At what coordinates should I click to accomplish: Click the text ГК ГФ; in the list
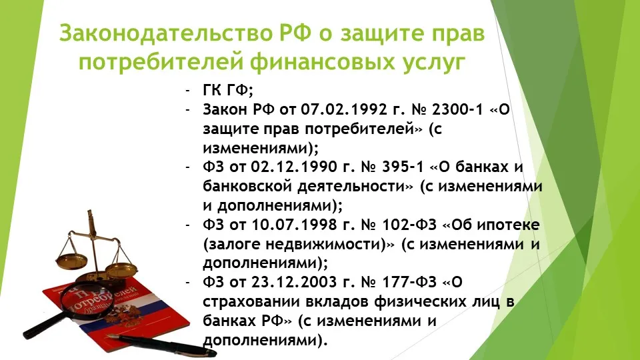pyautogui.click(x=228, y=90)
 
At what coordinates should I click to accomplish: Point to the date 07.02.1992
pyautogui.click(x=344, y=109)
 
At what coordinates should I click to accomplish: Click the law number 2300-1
pyautogui.click(x=457, y=109)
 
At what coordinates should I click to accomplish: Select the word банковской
pyautogui.click(x=247, y=186)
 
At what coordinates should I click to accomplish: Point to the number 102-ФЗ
pyautogui.click(x=409, y=225)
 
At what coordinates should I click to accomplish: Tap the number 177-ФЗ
pyautogui.click(x=409, y=282)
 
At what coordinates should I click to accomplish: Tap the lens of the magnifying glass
pyautogui.click(x=87, y=299)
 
